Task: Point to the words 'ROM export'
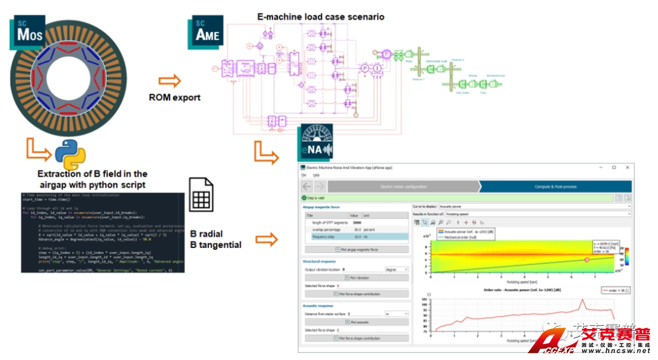[x=174, y=97]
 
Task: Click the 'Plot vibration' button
[x=356, y=278]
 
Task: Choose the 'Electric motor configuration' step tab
[x=403, y=186]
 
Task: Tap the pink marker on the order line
[x=587, y=259]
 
